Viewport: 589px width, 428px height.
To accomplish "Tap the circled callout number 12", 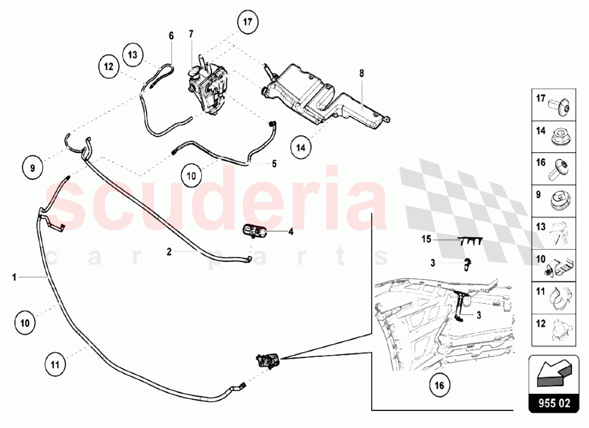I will (109, 67).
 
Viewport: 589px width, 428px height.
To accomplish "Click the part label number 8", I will (362, 74).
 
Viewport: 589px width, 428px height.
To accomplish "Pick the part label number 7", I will (191, 34).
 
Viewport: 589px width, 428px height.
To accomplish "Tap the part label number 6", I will (171, 36).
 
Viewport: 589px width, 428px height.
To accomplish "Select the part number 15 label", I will (427, 240).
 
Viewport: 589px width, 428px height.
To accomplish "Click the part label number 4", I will (291, 232).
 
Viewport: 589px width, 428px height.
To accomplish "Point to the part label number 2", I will (168, 251).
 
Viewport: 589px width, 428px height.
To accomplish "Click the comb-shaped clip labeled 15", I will (469, 240).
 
